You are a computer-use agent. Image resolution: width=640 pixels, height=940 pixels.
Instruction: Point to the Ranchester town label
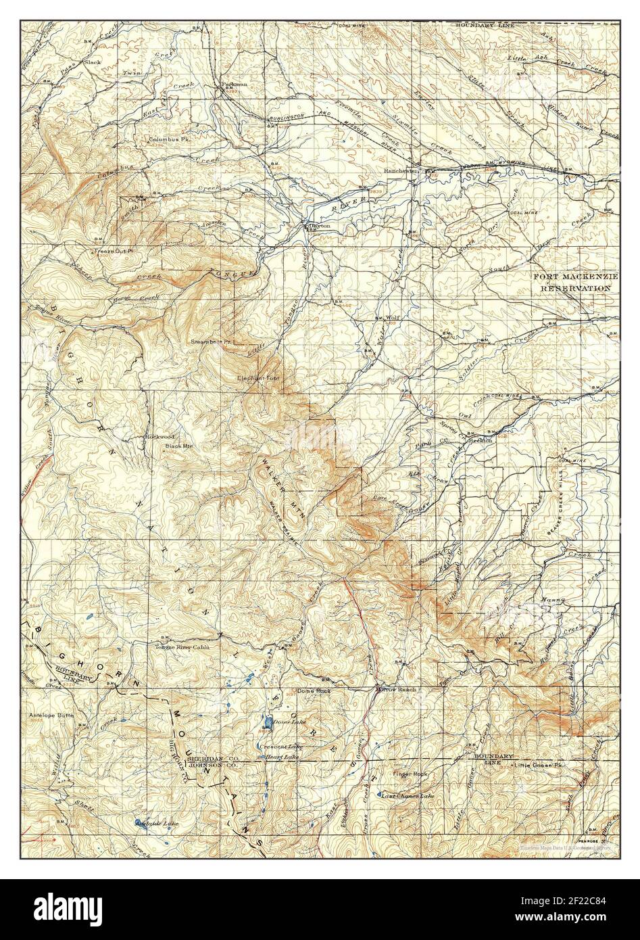pyautogui.click(x=401, y=170)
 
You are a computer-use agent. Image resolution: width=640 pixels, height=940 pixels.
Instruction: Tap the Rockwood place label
pyautogui.click(x=159, y=437)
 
